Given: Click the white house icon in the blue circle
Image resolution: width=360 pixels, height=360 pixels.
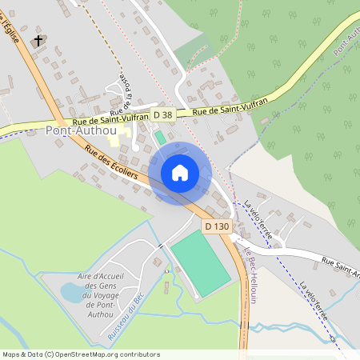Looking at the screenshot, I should [x=180, y=172].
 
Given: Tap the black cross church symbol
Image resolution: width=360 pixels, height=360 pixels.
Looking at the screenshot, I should [x=38, y=40].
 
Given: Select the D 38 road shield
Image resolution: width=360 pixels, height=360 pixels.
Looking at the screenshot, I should [x=162, y=115].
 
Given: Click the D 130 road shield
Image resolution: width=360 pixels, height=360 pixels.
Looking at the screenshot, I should [x=216, y=226].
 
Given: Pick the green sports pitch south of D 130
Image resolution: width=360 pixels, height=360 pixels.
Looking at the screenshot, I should [x=200, y=263].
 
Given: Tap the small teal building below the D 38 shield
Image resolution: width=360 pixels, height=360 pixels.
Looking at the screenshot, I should [x=160, y=137].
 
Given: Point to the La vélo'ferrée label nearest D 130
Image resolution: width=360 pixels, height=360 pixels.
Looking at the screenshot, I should [x=258, y=219].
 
